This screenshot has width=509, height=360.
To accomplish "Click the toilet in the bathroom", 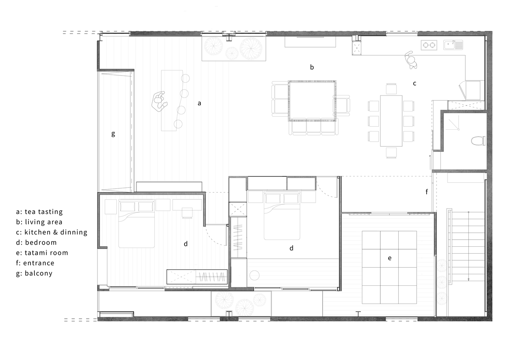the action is [x=478, y=141].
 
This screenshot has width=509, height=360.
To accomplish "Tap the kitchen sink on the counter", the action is [x=453, y=45].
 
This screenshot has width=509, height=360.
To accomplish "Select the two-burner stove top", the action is [x=429, y=45].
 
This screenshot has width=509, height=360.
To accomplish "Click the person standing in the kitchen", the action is [x=411, y=60].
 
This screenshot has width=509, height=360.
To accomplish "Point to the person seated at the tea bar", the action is [x=159, y=101].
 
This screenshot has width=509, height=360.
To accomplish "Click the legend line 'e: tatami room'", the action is [x=42, y=253].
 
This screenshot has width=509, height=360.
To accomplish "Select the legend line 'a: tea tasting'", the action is [x=39, y=212].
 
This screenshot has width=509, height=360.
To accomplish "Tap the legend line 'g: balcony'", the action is [x=34, y=273].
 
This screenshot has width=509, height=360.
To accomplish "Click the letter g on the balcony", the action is [x=113, y=134].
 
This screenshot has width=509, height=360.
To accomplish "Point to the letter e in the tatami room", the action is [x=390, y=258].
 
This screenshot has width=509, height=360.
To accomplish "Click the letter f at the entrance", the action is [x=427, y=192].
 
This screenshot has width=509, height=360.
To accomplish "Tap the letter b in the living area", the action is [x=312, y=67].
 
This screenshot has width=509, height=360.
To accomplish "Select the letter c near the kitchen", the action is [x=415, y=84].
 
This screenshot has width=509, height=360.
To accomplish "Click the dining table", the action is [x=391, y=121].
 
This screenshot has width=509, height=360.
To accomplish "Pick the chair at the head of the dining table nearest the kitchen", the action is [x=391, y=89].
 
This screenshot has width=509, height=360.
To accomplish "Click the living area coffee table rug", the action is [x=312, y=100].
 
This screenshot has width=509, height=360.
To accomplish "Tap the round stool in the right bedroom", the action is [x=255, y=276].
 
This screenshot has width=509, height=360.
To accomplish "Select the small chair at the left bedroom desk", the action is [x=187, y=213].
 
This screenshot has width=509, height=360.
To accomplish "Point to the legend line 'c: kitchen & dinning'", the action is [x=52, y=232].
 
